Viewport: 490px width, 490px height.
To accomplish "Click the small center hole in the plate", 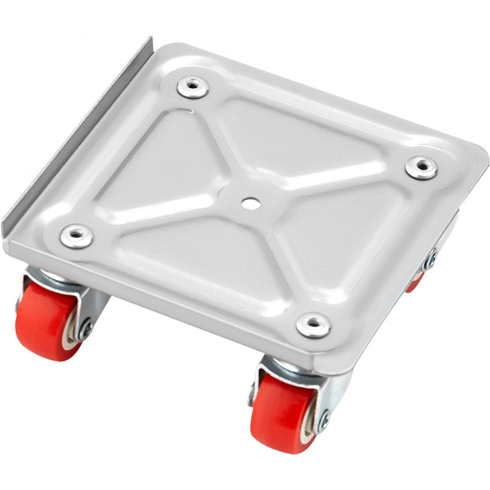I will (x=250, y=203).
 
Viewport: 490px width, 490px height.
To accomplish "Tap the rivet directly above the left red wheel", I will (x=76, y=237).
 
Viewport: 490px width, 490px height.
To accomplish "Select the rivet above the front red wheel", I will (x=314, y=326).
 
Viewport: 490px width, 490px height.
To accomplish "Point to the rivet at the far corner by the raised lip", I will (x=193, y=87).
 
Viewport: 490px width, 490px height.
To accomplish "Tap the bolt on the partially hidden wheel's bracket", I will (x=431, y=259).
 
